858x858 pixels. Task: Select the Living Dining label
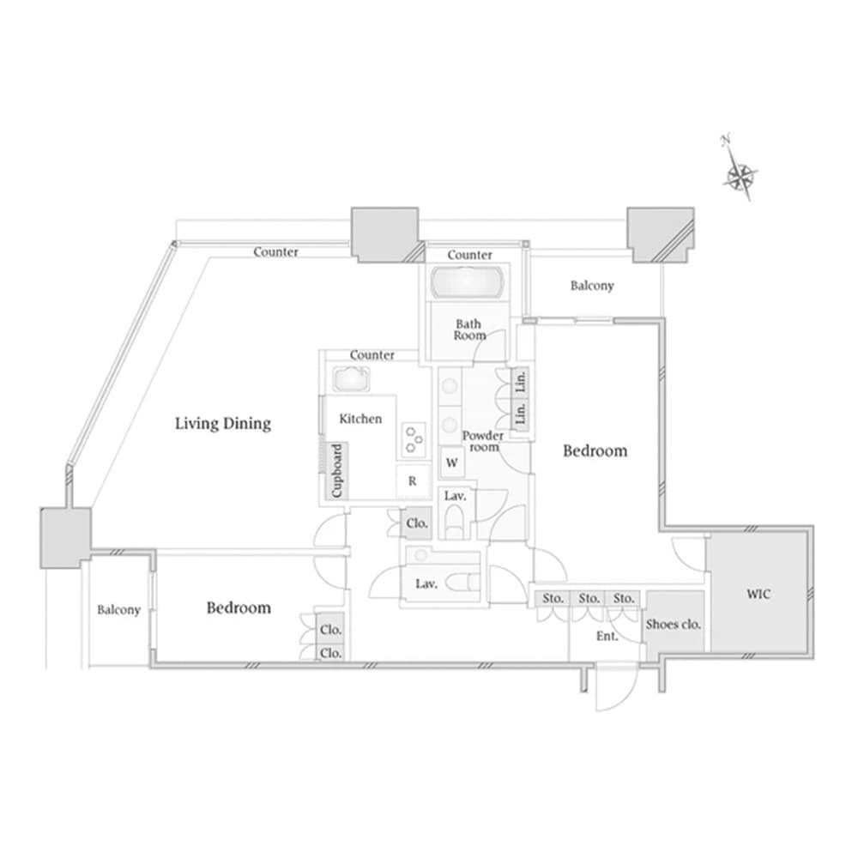tap(223, 424)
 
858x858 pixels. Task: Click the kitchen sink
tap(350, 378)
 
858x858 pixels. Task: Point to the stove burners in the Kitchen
tap(414, 439)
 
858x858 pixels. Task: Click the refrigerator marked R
tap(412, 481)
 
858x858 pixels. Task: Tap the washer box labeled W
tap(452, 463)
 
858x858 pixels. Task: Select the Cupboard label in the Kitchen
tap(336, 470)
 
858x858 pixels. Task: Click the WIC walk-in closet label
tap(758, 594)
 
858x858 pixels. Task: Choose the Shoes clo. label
tap(673, 625)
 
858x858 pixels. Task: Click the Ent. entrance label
tap(607, 637)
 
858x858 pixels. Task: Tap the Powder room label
tap(482, 441)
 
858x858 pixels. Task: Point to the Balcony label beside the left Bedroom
tap(118, 609)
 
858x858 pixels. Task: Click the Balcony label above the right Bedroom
tap(592, 286)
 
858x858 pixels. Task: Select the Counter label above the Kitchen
tap(372, 355)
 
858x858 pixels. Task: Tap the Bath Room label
tap(469, 329)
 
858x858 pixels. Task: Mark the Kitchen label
tap(360, 420)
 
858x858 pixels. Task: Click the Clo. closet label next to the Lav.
tap(417, 523)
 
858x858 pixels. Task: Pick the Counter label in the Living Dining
tap(275, 252)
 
